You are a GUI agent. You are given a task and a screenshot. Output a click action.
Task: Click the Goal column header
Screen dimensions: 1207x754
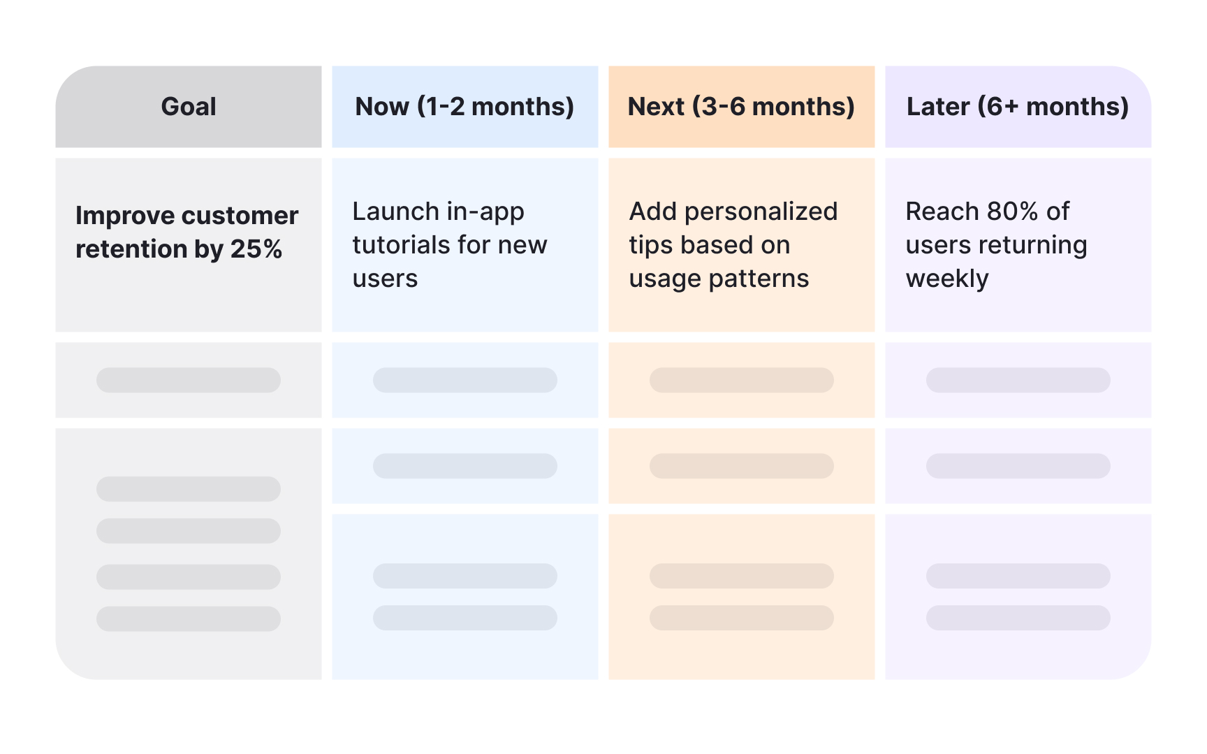click(189, 107)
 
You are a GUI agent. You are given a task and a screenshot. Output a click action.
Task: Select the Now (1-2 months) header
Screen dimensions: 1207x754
click(465, 107)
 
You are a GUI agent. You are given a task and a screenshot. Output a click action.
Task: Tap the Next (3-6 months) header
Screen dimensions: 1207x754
click(742, 107)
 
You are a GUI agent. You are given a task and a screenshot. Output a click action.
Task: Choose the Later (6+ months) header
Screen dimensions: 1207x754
click(1018, 107)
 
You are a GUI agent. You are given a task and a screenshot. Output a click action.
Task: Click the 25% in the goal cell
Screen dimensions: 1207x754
click(256, 249)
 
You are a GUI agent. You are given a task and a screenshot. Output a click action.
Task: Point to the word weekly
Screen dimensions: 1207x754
click(947, 279)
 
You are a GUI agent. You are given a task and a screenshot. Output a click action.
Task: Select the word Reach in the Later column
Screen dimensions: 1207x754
click(942, 211)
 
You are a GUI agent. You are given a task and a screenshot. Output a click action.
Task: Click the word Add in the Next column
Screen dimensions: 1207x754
click(653, 211)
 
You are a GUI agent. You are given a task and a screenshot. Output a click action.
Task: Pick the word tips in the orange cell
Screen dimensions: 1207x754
click(651, 246)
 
